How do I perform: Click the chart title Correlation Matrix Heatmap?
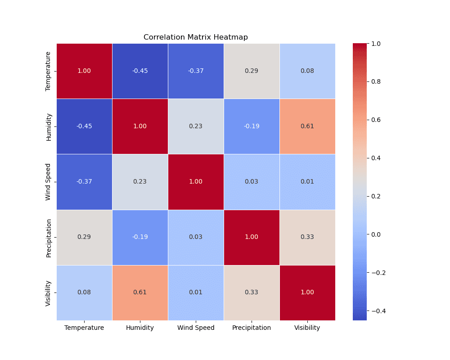[196, 37]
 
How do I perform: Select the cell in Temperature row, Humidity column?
[140, 71]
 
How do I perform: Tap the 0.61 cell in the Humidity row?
[307, 126]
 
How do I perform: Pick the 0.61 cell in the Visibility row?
[140, 292]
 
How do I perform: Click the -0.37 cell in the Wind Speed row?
[84, 182]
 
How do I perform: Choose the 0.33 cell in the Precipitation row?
[307, 237]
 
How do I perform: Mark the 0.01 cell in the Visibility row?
[196, 292]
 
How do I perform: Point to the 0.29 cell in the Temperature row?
[252, 71]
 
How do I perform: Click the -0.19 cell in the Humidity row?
[252, 126]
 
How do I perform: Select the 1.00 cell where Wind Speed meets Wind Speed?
[196, 182]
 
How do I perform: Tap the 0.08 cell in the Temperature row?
[307, 71]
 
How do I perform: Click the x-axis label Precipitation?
[252, 328]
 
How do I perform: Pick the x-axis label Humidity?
[140, 328]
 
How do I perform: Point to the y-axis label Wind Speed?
[49, 182]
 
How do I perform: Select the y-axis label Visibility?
[49, 292]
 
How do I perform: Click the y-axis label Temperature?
[49, 71]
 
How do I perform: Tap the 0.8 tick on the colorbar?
[376, 81]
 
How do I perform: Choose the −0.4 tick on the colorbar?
[376, 311]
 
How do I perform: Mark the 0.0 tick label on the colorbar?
[376, 234]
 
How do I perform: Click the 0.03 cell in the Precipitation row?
[196, 237]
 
